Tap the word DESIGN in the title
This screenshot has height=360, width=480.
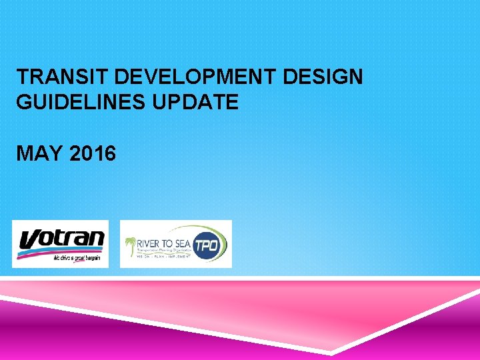323,77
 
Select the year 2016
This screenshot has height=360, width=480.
92,154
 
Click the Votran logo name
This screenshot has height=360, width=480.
61,239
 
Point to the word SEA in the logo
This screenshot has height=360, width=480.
181,241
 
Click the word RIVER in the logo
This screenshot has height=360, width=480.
148,241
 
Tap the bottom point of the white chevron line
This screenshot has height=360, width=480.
331,351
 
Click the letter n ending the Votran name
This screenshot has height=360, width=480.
97,238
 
